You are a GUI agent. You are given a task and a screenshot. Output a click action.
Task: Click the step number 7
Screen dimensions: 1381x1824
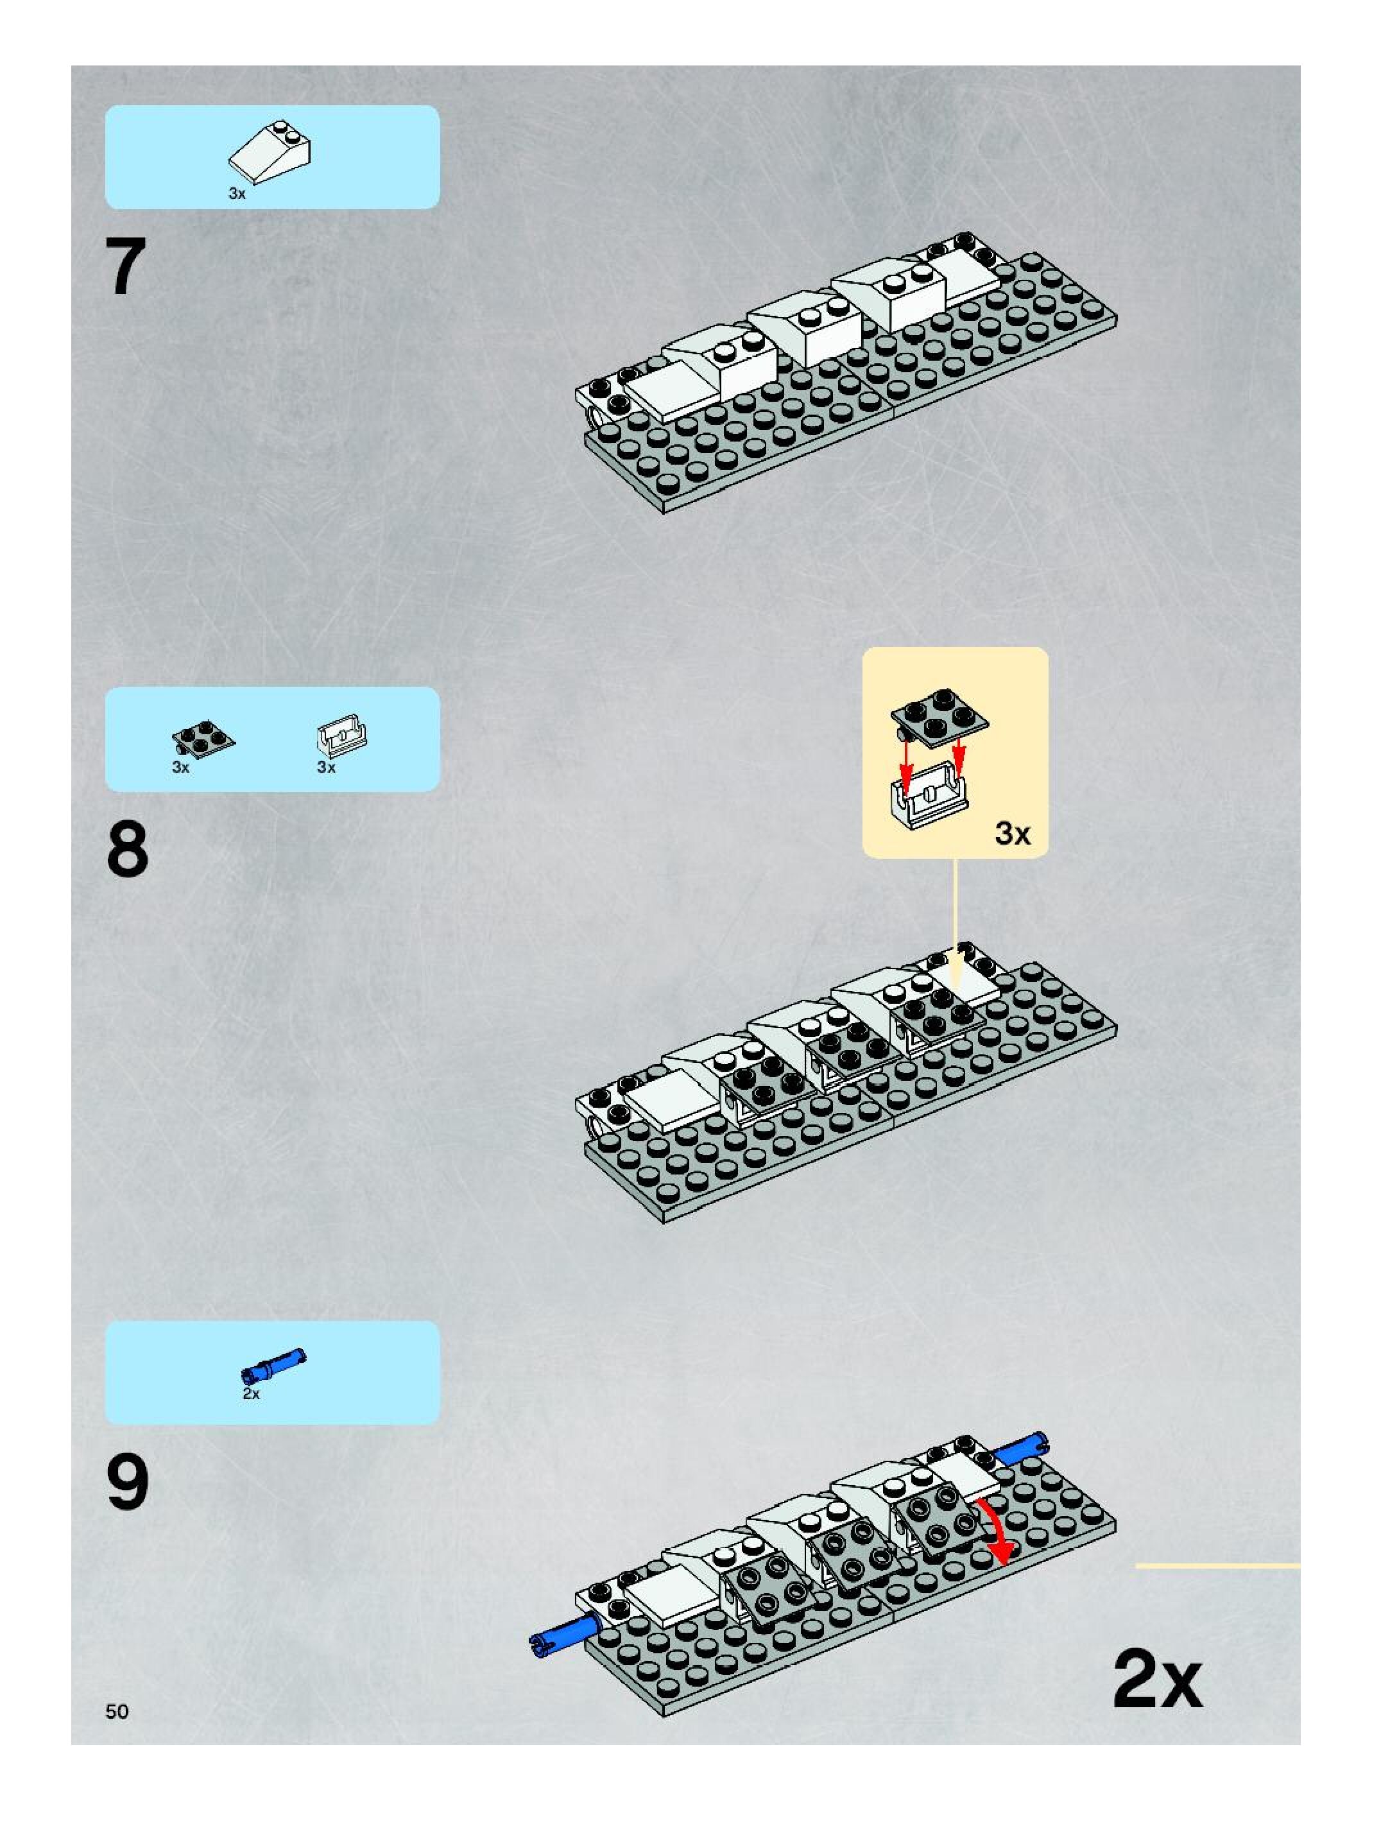(x=127, y=266)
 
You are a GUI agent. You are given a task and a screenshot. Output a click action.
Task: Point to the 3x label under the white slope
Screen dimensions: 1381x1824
(x=237, y=194)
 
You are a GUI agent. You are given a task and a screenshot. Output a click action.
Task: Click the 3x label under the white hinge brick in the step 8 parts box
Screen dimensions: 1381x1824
(x=327, y=768)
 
